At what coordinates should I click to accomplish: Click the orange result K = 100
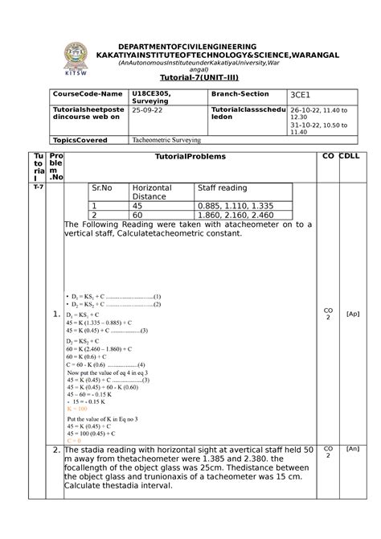pyautogui.click(x=77, y=409)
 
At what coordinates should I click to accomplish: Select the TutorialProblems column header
pyautogui.click(x=190, y=155)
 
